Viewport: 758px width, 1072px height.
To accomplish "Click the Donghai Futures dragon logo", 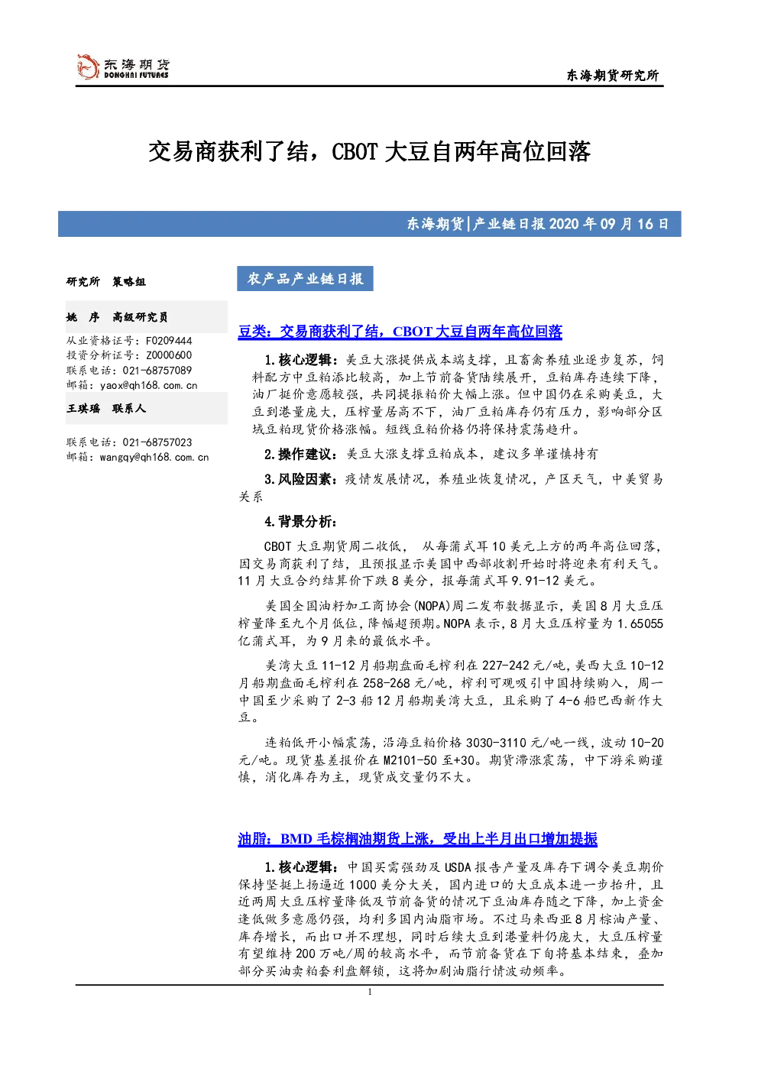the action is click(88, 67).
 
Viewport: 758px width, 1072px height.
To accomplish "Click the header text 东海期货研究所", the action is click(613, 76).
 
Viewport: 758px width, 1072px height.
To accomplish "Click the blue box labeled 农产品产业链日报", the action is click(305, 279).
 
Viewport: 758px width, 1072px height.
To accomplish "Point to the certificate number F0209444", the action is click(169, 341).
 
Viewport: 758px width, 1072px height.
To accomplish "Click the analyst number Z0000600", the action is click(169, 355).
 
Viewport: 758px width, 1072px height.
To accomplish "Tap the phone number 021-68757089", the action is click(157, 371).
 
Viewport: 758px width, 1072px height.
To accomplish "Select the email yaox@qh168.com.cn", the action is click(148, 385).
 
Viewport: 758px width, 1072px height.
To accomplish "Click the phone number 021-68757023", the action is click(157, 442).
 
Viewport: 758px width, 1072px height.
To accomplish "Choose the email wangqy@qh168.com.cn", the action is click(154, 457).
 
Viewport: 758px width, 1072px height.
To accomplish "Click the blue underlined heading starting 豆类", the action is click(400, 332).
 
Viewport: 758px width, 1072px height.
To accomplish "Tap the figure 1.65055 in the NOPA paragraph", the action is click(640, 623).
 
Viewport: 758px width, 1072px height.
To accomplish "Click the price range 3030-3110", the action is click(497, 743).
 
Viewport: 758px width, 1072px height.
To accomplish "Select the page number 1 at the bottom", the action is click(369, 992).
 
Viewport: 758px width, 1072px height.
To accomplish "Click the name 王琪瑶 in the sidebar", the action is click(83, 408).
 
